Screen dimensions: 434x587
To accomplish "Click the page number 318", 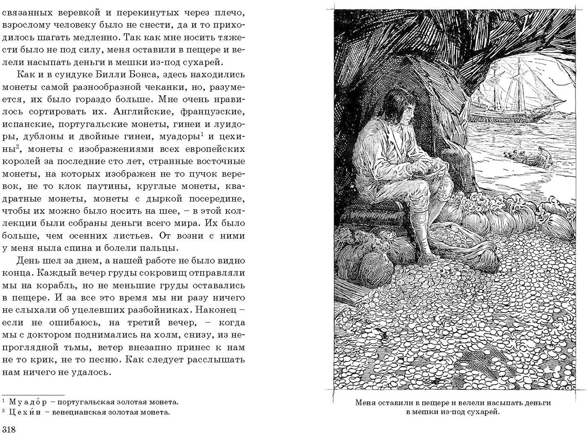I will [9, 430].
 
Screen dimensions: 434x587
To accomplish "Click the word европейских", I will [214, 148].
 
